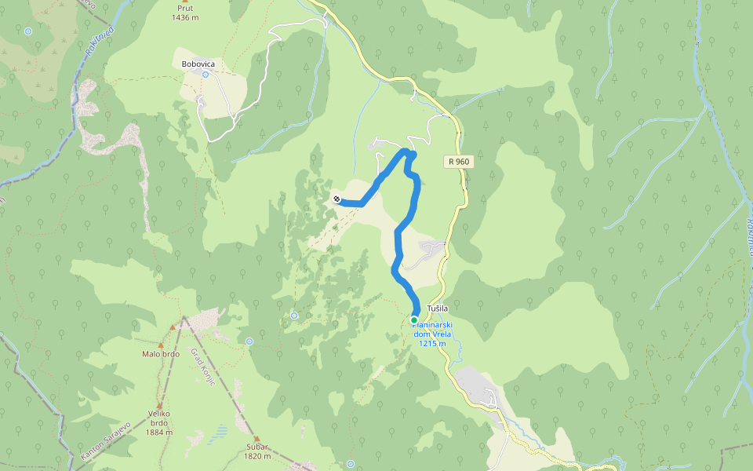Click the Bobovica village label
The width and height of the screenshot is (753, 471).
[x=198, y=64]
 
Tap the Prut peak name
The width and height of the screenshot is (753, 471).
[x=185, y=8]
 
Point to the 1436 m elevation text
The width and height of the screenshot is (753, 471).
[x=185, y=17]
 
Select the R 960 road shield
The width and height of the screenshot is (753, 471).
[x=459, y=162]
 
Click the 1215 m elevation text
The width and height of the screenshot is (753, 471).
[x=432, y=343]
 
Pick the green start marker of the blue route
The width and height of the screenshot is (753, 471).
[x=413, y=319]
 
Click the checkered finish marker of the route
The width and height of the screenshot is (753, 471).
[x=336, y=199]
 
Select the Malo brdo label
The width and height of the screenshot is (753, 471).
[x=161, y=354]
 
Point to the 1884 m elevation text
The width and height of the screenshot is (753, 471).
[x=159, y=432]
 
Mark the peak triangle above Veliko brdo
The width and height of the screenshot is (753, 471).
[x=159, y=406]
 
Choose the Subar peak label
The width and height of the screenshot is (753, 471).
[x=257, y=447]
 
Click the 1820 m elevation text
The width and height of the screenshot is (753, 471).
[x=257, y=456]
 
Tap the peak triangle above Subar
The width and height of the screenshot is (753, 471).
[x=256, y=437]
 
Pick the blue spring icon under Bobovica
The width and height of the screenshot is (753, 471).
[x=206, y=75]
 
